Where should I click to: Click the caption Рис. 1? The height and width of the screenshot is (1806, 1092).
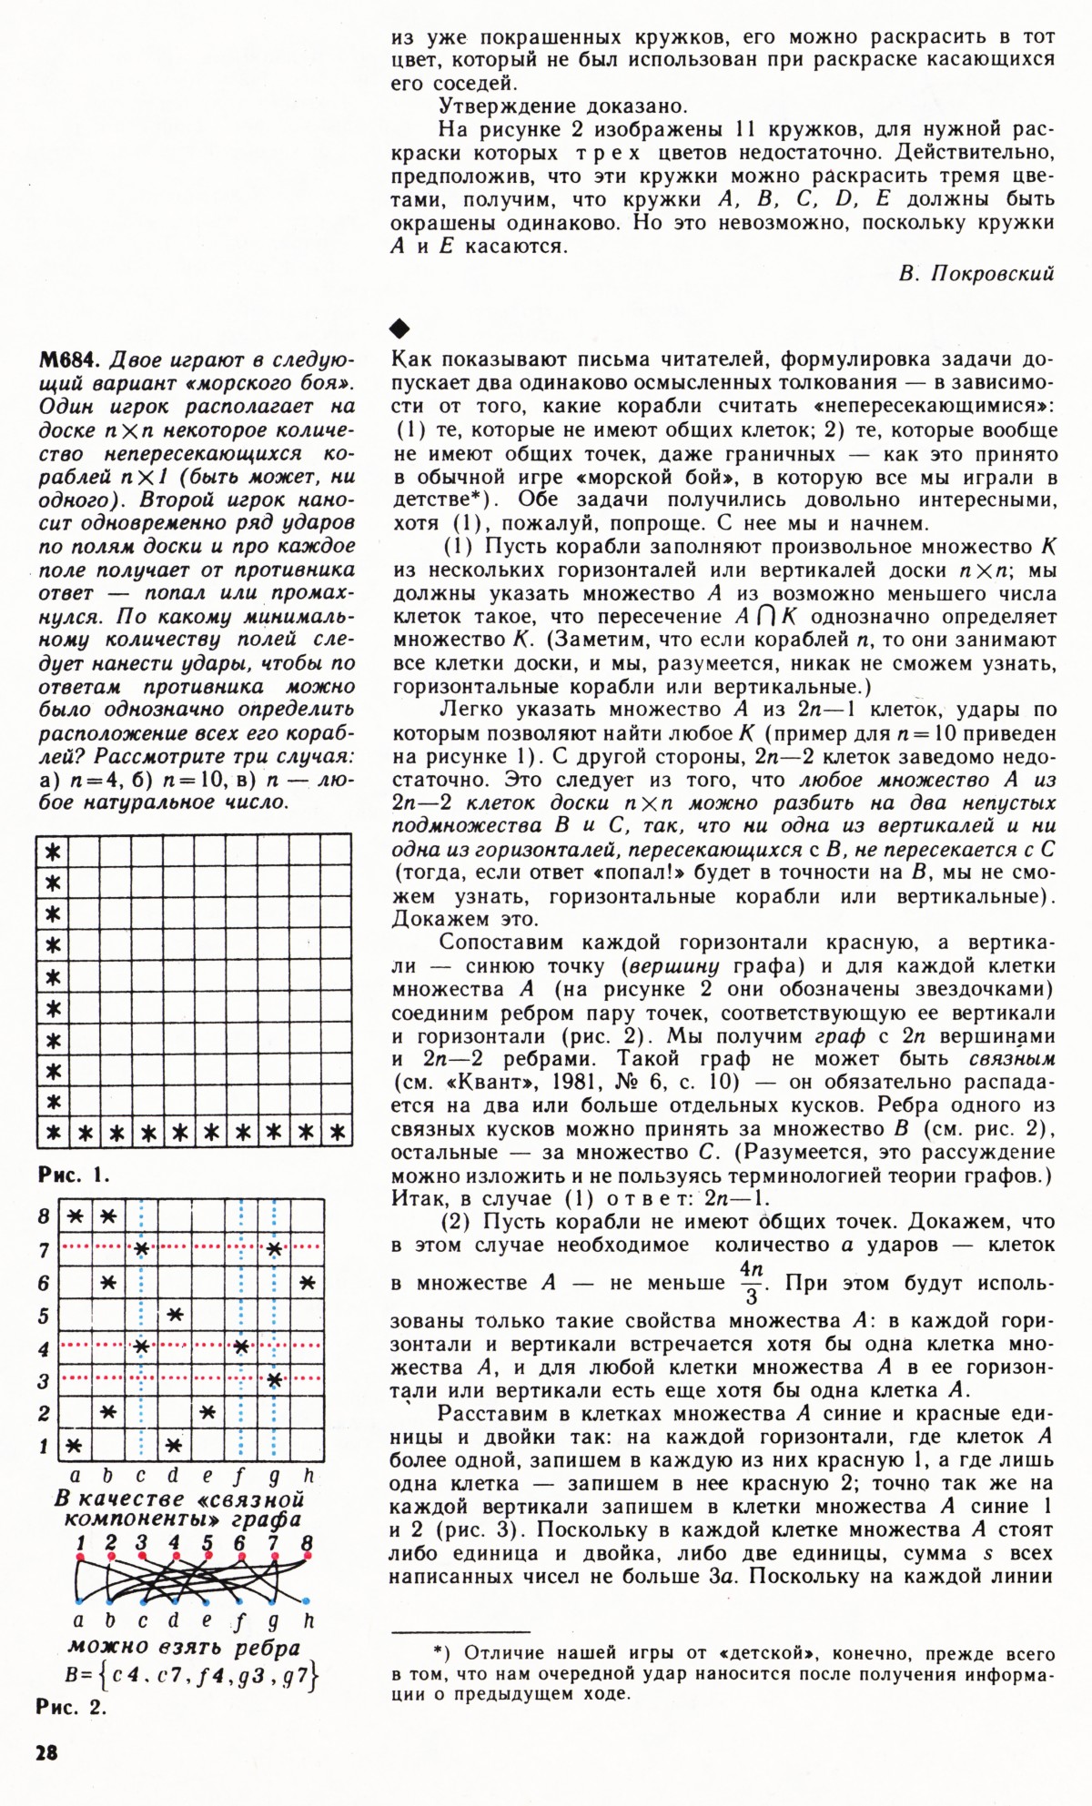click(74, 1174)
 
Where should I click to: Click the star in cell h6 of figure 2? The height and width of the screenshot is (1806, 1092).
click(307, 1282)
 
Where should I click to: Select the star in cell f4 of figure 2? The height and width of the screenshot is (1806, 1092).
click(241, 1347)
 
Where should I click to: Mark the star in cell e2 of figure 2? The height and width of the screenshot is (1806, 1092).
click(207, 1411)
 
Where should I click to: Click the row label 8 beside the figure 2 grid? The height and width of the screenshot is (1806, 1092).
click(44, 1216)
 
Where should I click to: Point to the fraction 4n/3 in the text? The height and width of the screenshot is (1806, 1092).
click(751, 1282)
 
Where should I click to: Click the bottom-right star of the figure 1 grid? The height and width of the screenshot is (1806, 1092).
click(338, 1133)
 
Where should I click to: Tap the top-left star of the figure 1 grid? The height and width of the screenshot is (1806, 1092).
click(53, 852)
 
